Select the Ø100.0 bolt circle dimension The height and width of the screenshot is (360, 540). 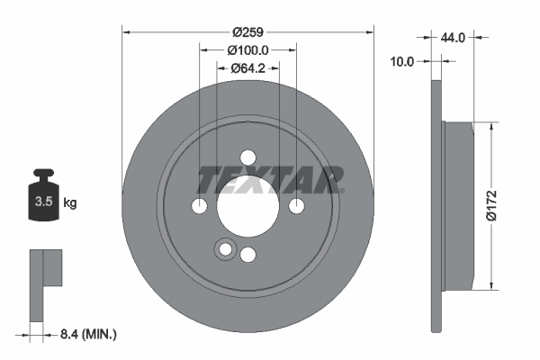pos(247,50)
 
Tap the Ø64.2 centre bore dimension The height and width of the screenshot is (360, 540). pos(247,67)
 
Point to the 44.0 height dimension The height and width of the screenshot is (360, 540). pos(453,38)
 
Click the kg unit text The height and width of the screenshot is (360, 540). pos(70,202)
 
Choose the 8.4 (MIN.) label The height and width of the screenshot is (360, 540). pos(86,335)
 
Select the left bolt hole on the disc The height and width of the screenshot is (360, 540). pos(199,206)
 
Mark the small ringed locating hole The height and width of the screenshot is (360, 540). pos(223,249)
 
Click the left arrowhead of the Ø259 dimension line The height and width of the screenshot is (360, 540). pos(126,32)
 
